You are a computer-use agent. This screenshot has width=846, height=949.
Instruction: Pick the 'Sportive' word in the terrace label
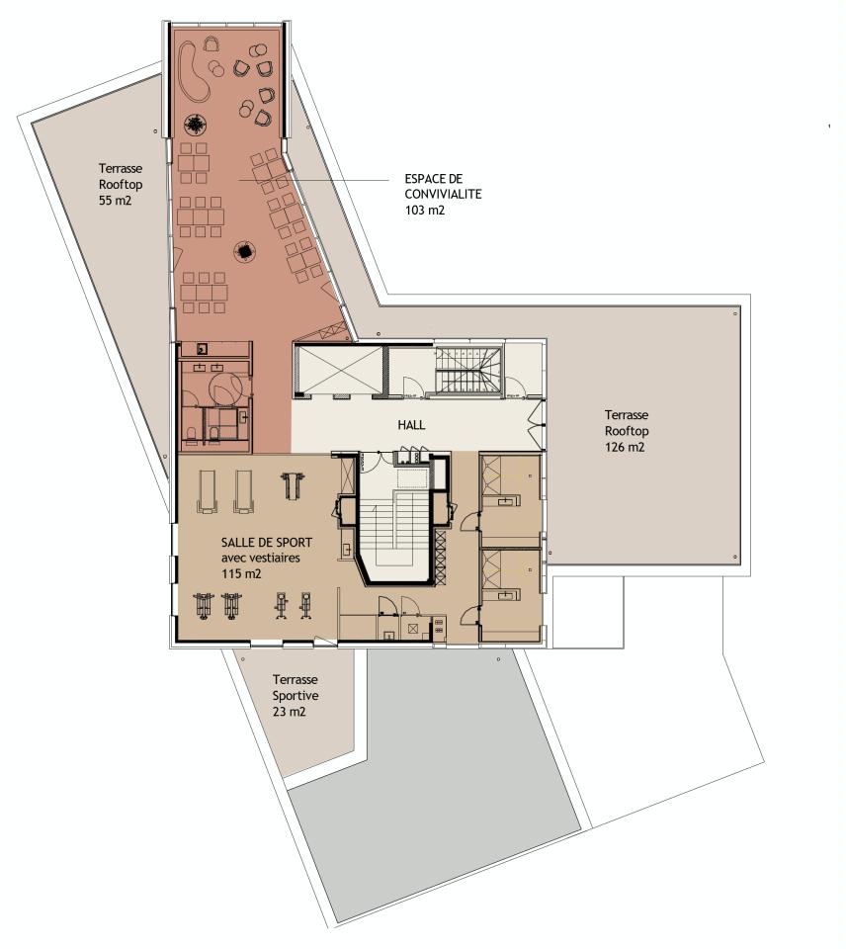[296, 695]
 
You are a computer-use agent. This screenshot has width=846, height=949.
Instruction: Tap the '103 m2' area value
[425, 210]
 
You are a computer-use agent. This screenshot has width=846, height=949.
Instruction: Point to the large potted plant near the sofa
[196, 125]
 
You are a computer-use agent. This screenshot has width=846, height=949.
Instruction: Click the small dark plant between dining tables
[243, 252]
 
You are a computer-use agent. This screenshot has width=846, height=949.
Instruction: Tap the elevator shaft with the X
[337, 370]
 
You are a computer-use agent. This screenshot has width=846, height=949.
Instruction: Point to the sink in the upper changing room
[507, 502]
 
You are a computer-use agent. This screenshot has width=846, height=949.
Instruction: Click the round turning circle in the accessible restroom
[225, 387]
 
